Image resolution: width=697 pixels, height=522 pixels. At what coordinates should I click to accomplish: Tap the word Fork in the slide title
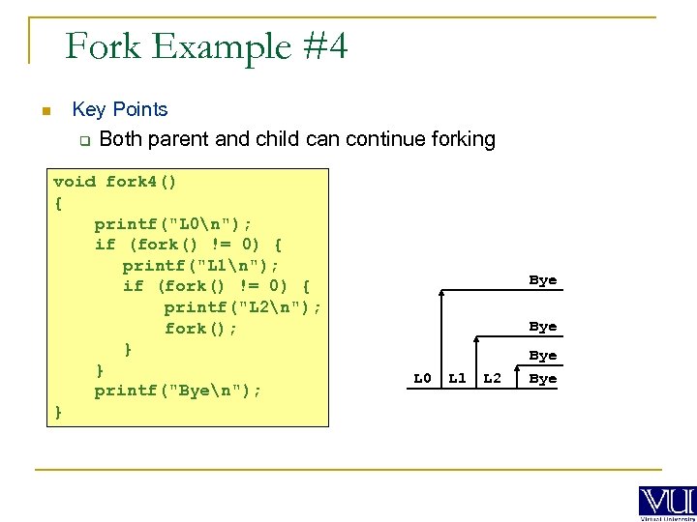point(102,45)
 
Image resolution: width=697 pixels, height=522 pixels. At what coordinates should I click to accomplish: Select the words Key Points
point(120,110)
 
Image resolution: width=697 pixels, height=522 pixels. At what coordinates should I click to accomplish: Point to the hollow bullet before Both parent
point(83,141)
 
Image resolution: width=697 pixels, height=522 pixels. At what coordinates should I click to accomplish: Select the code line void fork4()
point(115,182)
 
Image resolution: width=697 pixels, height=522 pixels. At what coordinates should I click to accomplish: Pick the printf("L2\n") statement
point(242,307)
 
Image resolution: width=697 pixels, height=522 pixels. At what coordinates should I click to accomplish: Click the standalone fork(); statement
point(200,329)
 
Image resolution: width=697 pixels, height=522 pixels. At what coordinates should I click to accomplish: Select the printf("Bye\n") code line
point(178,391)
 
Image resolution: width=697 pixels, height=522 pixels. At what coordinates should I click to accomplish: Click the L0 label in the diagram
point(422,378)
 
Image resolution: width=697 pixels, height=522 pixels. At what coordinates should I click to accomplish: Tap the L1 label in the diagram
point(457,378)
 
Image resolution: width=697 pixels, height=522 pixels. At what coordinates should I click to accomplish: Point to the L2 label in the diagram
point(492,378)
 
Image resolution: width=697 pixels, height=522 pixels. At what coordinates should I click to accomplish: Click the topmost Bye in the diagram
point(542,280)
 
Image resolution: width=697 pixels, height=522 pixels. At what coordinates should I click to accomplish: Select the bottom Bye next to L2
point(542,378)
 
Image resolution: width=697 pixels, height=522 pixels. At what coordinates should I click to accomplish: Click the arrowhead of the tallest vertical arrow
point(442,292)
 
